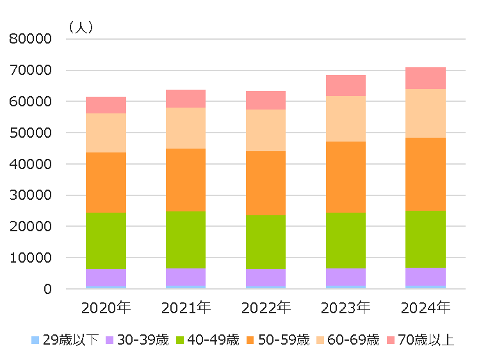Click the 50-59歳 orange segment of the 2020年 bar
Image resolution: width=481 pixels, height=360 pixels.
(106, 182)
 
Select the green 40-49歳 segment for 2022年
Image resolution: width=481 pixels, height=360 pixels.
(266, 241)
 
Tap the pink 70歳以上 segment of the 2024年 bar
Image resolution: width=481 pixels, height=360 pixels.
(425, 78)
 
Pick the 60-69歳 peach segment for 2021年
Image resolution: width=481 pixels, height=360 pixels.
(186, 127)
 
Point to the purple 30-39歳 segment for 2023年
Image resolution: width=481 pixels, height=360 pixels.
(345, 277)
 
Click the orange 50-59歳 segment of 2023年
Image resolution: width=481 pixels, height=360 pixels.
(345, 177)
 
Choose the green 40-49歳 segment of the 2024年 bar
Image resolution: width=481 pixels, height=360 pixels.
(425, 238)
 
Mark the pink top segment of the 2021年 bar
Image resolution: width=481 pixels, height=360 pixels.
(186, 98)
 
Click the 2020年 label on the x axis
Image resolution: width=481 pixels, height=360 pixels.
(106, 308)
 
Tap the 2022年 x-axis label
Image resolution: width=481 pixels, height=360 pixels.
(266, 308)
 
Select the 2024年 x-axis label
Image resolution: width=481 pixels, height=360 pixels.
(425, 308)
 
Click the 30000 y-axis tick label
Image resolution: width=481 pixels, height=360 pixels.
(30, 195)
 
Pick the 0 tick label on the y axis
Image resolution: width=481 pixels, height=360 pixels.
(47, 290)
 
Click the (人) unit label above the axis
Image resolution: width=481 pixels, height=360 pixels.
(81, 27)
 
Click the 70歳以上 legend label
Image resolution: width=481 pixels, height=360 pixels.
(426, 340)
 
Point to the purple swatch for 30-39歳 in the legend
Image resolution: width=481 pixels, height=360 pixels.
(110, 340)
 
